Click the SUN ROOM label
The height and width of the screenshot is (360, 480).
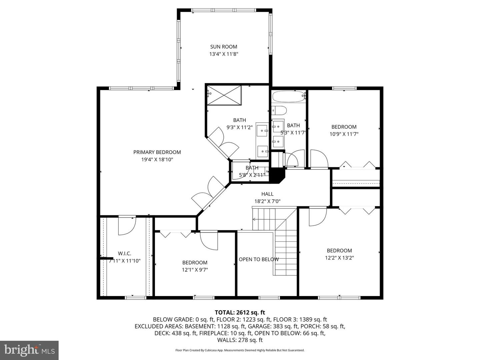tap(223, 47)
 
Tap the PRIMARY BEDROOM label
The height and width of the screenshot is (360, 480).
tap(157, 152)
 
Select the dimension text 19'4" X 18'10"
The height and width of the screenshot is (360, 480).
tap(157, 160)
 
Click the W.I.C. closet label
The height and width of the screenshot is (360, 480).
tap(124, 254)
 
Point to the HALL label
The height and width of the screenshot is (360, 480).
tap(267, 194)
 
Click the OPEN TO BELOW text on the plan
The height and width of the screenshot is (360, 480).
tap(259, 259)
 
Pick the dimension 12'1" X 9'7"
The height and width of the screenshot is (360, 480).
tap(195, 270)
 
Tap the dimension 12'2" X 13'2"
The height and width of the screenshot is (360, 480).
tap(339, 258)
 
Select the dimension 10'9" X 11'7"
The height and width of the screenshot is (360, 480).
tap(344, 134)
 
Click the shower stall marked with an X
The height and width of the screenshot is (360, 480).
tap(224, 95)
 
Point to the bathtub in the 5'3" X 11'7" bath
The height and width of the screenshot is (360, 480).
tap(288, 96)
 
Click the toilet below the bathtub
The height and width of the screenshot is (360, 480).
tap(279, 111)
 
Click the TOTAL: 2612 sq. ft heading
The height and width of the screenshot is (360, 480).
tap(240, 312)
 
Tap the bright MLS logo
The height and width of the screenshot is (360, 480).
tap(29, 350)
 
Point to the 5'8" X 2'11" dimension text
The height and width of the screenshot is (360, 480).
tap(252, 175)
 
